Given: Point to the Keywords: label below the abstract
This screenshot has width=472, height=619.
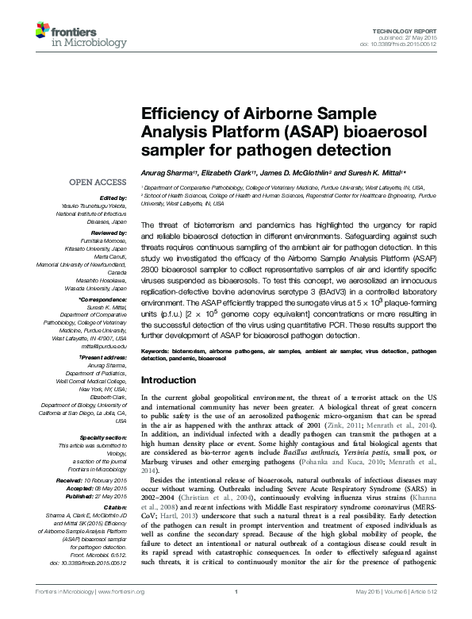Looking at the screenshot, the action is (x=157, y=349).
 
